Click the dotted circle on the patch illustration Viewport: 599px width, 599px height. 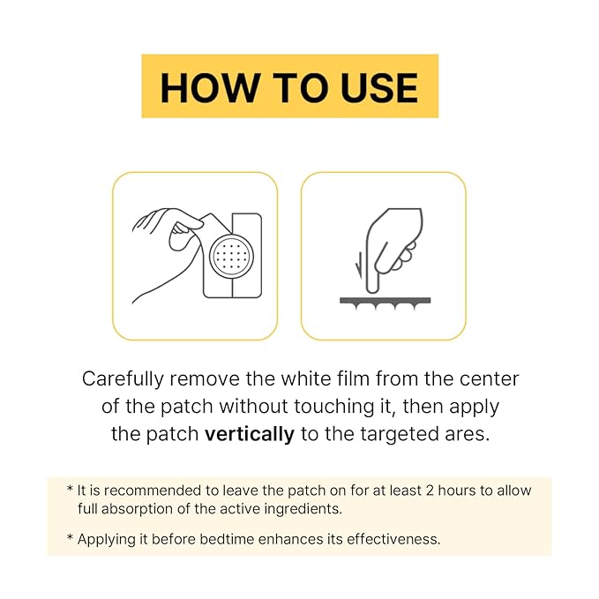tap(234, 255)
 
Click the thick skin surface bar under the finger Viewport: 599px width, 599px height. tap(385, 300)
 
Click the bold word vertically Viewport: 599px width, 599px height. tap(250, 434)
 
